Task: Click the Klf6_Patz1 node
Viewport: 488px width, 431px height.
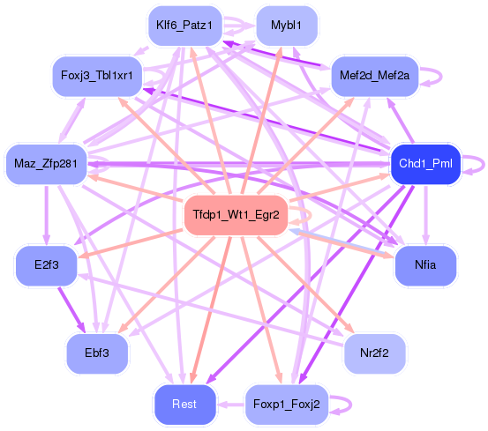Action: tap(184, 26)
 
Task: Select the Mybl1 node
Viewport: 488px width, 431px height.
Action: tap(287, 26)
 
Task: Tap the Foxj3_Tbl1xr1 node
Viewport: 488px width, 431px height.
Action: tap(97, 74)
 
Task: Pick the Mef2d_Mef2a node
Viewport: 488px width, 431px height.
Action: tap(374, 76)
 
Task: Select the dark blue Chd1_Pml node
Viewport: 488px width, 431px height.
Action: tap(425, 164)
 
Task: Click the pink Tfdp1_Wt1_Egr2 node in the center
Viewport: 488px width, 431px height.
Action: tap(236, 215)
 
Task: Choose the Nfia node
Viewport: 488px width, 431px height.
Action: tap(425, 264)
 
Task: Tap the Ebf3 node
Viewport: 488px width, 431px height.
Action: tap(97, 353)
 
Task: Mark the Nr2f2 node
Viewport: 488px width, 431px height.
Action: tap(375, 353)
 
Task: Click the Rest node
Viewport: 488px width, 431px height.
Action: tap(184, 404)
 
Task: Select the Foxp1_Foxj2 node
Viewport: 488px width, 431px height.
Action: tap(286, 404)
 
